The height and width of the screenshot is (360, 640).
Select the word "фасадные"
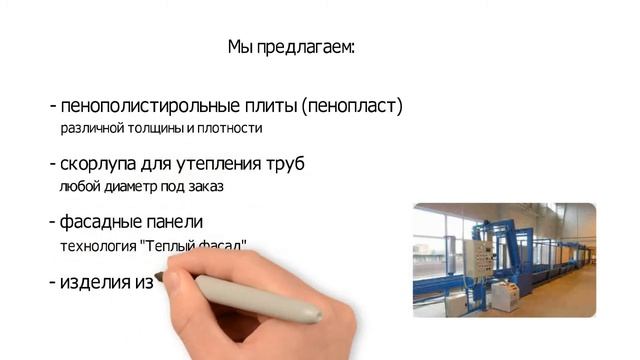100,221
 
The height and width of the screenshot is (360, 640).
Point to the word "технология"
95,245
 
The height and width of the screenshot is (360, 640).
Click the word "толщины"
156,129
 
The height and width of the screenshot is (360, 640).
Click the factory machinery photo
504,260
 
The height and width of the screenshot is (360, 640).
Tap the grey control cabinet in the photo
477,262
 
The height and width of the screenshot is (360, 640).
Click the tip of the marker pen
160,275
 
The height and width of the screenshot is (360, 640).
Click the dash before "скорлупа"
52,163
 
